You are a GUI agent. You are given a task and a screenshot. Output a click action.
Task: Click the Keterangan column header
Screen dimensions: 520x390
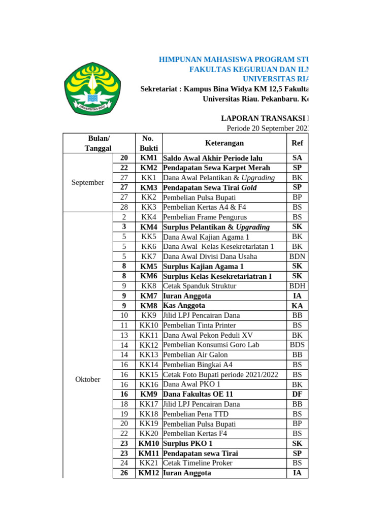tap(224, 143)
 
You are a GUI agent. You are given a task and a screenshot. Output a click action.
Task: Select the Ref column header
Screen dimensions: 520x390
tap(297, 143)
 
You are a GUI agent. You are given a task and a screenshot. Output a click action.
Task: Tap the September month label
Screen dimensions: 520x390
tap(88, 182)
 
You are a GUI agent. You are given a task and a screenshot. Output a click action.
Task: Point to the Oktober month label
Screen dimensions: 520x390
tap(88, 379)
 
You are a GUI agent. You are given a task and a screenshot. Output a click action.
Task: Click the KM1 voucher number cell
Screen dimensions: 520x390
tap(149, 158)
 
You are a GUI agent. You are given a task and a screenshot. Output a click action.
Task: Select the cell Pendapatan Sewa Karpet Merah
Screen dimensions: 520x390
tap(216, 168)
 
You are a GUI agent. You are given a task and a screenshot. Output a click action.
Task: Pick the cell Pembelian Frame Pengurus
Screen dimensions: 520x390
tap(203, 217)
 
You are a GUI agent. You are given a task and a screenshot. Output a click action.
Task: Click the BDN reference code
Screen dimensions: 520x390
tap(297, 256)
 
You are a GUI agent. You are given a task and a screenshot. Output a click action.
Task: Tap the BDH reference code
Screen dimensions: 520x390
tap(297, 286)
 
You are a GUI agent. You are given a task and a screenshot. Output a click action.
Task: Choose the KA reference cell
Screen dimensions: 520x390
tap(297, 306)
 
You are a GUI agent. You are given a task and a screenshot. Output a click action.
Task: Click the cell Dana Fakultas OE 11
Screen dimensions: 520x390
tap(198, 394)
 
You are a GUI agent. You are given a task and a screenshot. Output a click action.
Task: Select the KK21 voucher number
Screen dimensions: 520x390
tap(149, 463)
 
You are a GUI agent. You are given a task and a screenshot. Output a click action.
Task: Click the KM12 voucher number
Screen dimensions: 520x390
tap(149, 473)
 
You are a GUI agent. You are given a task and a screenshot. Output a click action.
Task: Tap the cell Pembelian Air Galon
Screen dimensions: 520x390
tap(195, 354)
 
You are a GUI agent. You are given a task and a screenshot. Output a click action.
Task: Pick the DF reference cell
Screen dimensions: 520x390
tap(297, 394)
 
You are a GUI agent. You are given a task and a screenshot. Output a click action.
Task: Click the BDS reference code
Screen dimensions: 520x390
tap(297, 345)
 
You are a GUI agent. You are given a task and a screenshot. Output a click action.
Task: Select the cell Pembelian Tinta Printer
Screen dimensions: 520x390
tap(199, 325)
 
